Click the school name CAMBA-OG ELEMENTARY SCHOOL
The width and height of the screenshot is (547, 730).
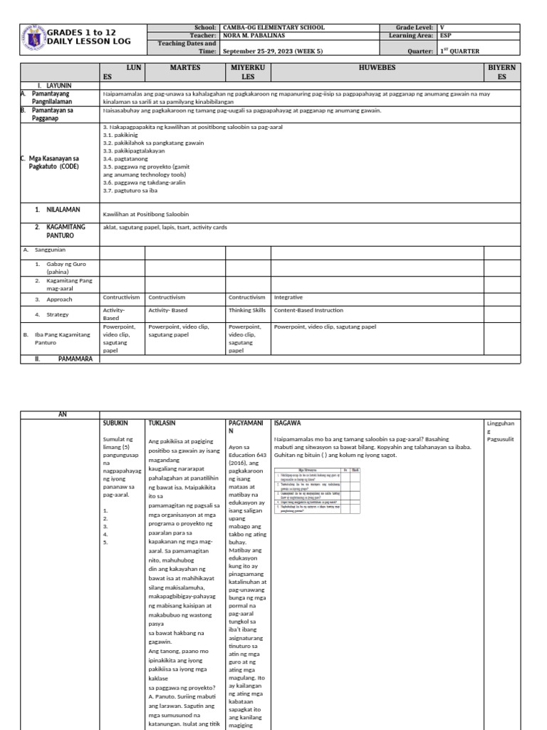(x=273, y=27)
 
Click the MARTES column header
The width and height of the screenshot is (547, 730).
(x=185, y=68)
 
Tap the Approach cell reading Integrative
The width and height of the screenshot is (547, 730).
(x=288, y=297)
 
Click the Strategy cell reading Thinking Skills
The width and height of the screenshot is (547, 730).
(x=246, y=310)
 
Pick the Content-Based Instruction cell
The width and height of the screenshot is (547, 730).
(x=308, y=310)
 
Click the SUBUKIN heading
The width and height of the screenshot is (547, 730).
(x=115, y=423)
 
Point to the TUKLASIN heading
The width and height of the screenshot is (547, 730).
(x=162, y=423)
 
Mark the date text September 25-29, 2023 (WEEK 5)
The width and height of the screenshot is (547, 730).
(x=272, y=51)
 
